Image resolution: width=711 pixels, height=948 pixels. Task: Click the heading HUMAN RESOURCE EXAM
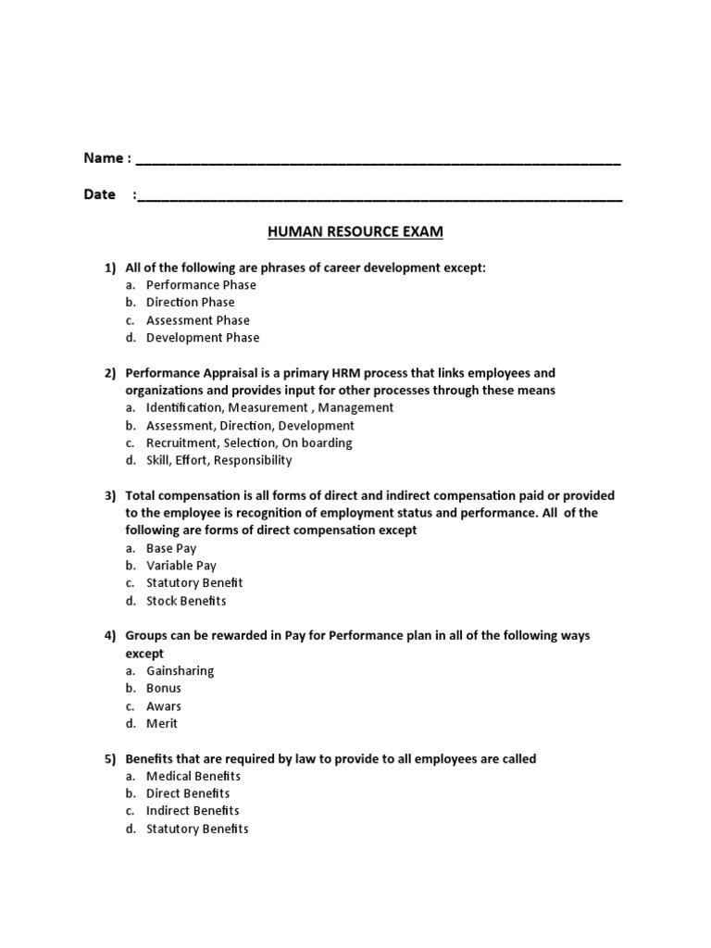pyautogui.click(x=355, y=231)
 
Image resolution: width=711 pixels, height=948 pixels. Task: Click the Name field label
pyautogui.click(x=103, y=158)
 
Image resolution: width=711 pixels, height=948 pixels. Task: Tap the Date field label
pyautogui.click(x=100, y=194)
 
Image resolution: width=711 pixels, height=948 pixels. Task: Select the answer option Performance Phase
pyautogui.click(x=201, y=285)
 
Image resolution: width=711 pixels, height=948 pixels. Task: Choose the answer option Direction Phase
pyautogui.click(x=191, y=303)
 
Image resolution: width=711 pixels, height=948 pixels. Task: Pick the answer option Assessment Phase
pyautogui.click(x=198, y=320)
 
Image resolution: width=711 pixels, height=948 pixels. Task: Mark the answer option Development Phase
pyautogui.click(x=203, y=338)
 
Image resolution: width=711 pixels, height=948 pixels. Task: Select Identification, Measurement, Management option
pyautogui.click(x=269, y=407)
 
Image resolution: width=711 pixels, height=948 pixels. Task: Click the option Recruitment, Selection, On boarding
pyautogui.click(x=249, y=443)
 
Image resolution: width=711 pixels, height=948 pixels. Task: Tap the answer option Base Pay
pyautogui.click(x=171, y=548)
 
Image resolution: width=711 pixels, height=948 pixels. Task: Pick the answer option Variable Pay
pyautogui.click(x=181, y=566)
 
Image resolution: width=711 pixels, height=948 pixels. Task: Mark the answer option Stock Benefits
pyautogui.click(x=186, y=601)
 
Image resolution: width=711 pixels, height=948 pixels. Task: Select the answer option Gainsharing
pyautogui.click(x=180, y=670)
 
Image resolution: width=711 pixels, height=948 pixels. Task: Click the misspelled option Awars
pyautogui.click(x=164, y=706)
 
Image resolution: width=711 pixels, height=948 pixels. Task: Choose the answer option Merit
pyautogui.click(x=162, y=723)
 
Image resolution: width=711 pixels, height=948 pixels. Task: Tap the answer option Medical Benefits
pyautogui.click(x=193, y=776)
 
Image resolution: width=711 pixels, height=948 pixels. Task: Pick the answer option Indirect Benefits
pyautogui.click(x=193, y=811)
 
